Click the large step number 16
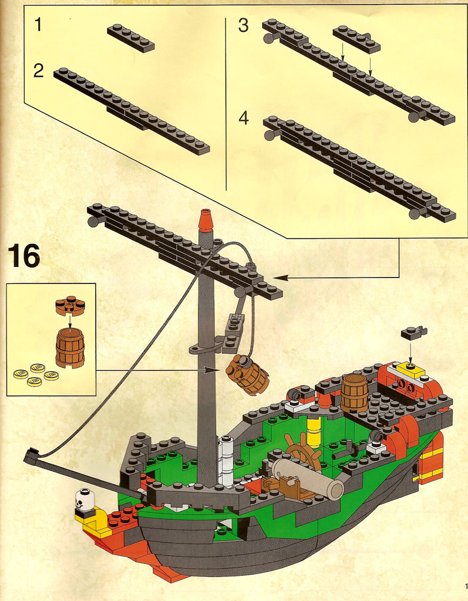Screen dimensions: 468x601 click(23, 256)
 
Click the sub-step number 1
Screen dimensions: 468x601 click(38, 25)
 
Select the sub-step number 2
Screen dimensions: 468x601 click(38, 71)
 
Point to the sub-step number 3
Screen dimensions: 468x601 click(243, 25)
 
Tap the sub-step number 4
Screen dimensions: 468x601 click(244, 117)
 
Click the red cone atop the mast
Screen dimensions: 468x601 click(206, 221)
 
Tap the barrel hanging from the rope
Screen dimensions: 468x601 click(247, 374)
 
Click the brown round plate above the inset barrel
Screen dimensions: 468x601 click(70, 305)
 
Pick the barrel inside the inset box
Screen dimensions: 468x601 click(70, 347)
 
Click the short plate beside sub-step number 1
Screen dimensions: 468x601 click(131, 38)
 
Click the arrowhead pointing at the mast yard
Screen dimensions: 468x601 click(280, 277)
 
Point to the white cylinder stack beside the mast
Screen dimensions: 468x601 click(225, 461)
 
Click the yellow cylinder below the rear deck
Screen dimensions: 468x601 click(314, 432)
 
